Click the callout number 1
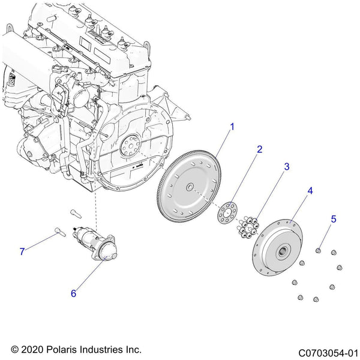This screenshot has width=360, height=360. point(232,127)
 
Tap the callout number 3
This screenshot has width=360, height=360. point(287,166)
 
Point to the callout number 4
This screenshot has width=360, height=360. point(310,191)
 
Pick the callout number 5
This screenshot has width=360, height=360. point(334,219)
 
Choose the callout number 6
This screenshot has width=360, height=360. point(73,293)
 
